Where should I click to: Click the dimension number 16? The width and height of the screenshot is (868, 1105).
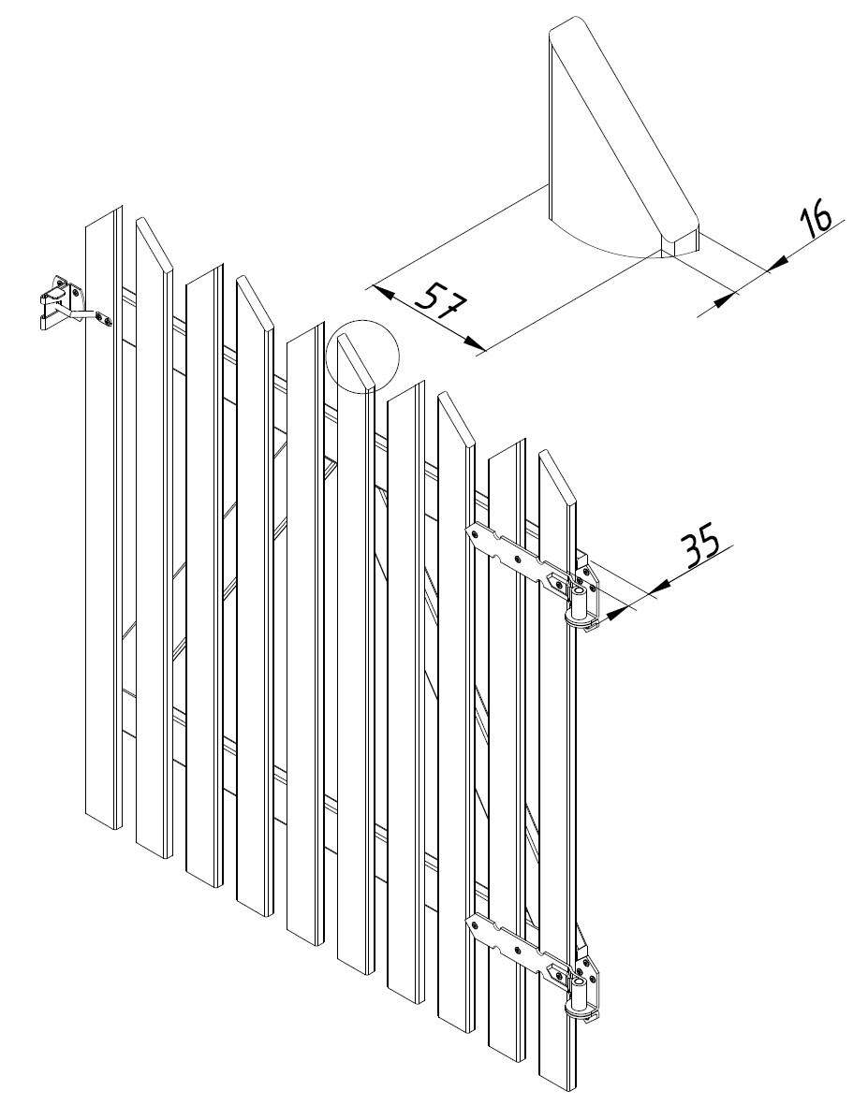[x=817, y=217]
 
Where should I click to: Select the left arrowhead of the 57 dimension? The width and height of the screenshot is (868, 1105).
[x=382, y=290]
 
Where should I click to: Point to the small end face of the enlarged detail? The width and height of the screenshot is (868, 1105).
[x=680, y=243]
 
